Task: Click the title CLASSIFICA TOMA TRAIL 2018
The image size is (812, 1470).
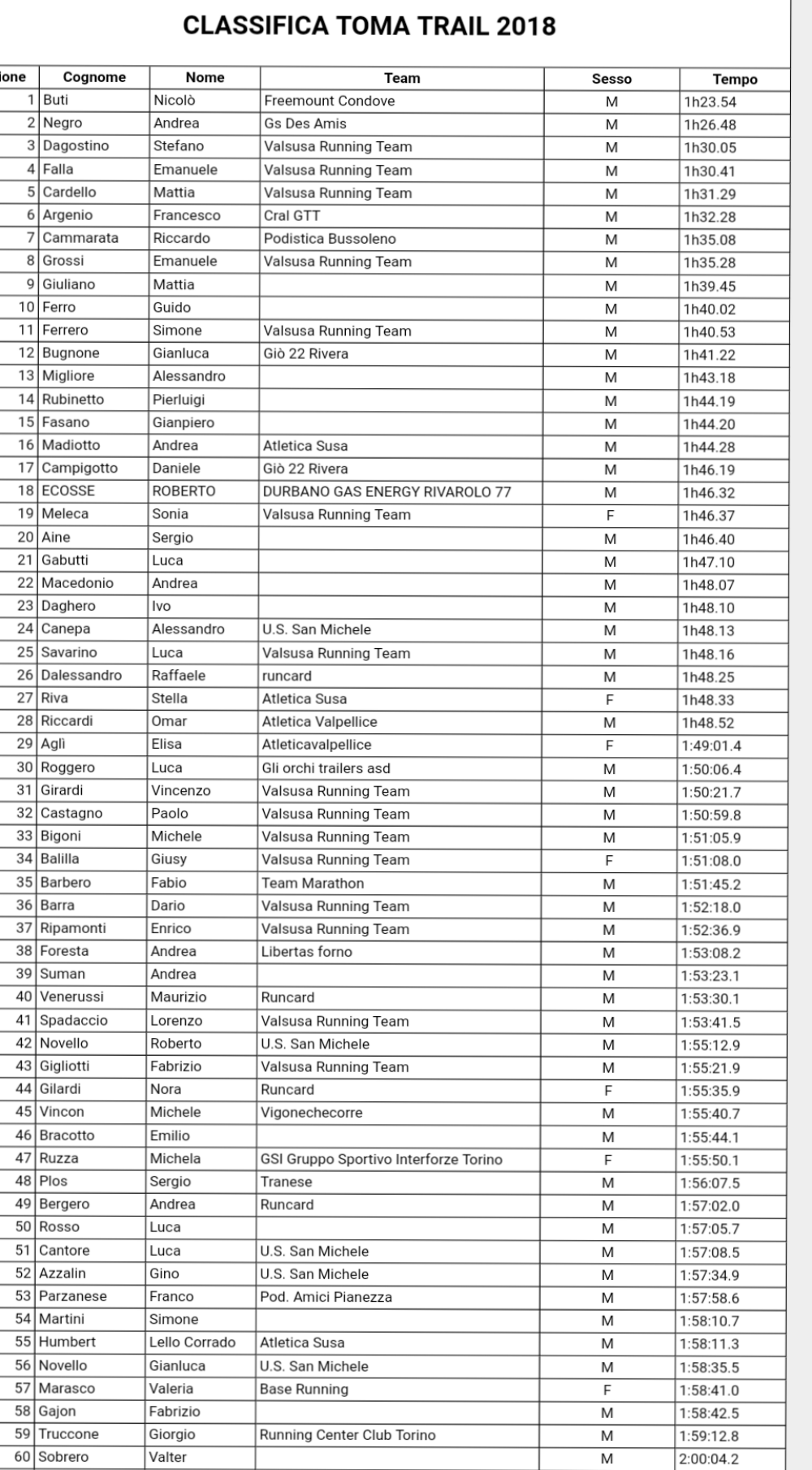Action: [369, 26]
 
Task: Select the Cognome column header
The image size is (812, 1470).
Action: [94, 77]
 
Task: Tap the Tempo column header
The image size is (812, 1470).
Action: [734, 79]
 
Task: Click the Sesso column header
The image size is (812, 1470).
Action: [611, 79]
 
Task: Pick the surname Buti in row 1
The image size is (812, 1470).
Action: [55, 100]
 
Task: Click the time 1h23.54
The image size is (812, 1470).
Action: [710, 102]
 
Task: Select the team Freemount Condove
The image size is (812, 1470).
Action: [329, 101]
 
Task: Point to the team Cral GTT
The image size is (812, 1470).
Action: [292, 215]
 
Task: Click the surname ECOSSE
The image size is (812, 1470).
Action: [68, 491]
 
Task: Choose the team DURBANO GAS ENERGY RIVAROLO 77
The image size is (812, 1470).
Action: [387, 491]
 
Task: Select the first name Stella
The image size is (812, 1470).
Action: [169, 698]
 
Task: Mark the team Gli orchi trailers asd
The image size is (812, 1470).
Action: [326, 767]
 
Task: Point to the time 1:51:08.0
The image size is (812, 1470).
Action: [711, 861]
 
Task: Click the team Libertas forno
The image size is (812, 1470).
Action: [306, 951]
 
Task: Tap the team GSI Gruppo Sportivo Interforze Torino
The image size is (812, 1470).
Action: [381, 1159]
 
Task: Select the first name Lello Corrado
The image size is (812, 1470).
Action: [192, 1342]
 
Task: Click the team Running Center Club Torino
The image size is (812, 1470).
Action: [348, 1434]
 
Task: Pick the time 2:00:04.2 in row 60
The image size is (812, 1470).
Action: [709, 1459]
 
